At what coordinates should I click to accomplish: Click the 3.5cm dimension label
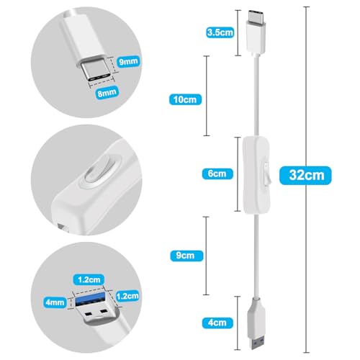point(218,32)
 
